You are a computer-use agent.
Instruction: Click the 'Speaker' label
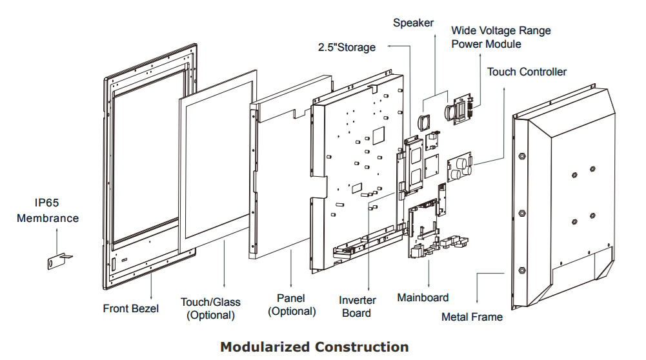pos(414,23)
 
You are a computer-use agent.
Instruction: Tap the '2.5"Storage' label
pos(346,48)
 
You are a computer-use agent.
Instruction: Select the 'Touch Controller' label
pos(527,72)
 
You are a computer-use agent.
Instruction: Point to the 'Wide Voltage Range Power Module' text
pos(501,37)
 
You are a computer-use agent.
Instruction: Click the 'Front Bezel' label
pos(130,308)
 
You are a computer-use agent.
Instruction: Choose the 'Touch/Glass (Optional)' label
pos(210,308)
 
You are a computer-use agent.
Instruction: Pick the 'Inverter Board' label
pos(356,306)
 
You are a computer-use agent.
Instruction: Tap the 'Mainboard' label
pos(423,297)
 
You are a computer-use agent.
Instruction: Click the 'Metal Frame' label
pos(472,317)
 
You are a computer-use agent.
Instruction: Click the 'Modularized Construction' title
pos(314,347)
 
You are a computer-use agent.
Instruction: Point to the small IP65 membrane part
pos(57,261)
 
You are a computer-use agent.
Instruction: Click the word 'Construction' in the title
pos(361,347)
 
